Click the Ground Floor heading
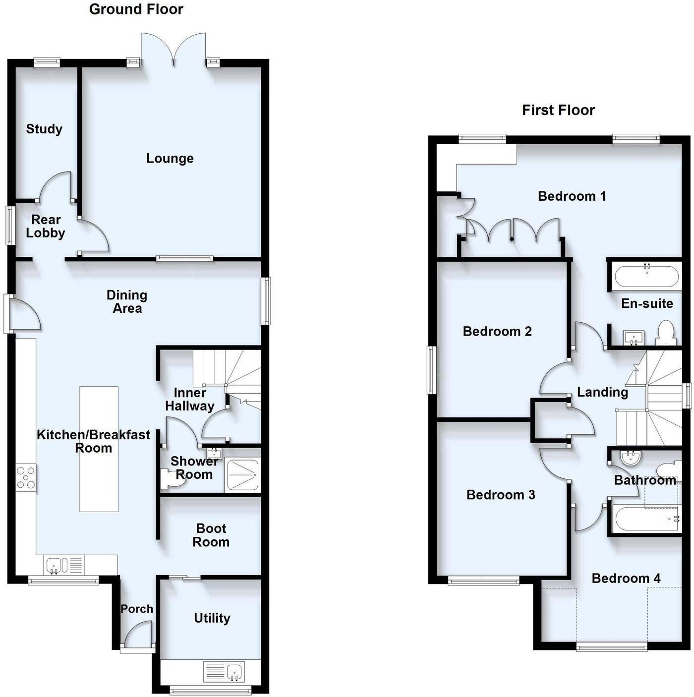[136, 9]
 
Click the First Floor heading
[558, 110]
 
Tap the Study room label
[44, 129]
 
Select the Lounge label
[170, 159]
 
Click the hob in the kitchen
[26, 478]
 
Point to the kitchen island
[99, 449]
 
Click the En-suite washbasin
[634, 338]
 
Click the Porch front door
[138, 637]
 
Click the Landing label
[602, 393]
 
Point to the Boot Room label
[211, 535]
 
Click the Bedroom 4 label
[626, 579]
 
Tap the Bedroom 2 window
[432, 370]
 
